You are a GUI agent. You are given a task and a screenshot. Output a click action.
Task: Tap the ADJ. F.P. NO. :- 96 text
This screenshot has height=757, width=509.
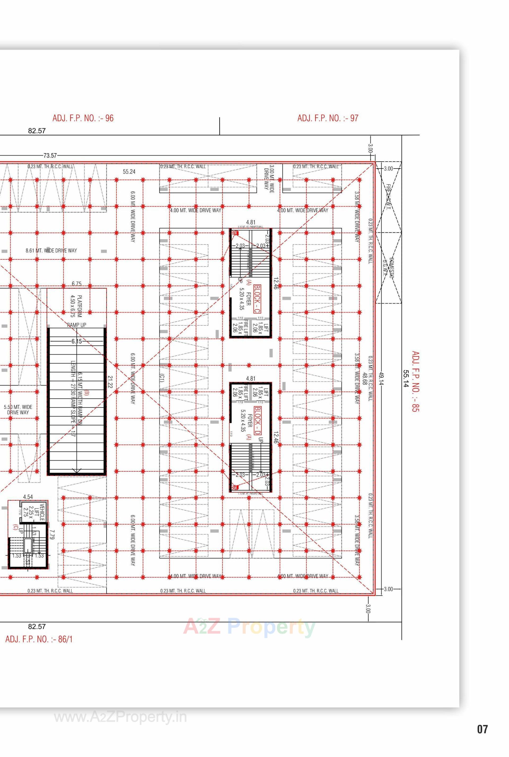(x=83, y=118)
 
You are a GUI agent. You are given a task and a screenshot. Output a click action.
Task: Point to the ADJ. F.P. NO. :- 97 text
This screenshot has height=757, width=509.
(x=328, y=118)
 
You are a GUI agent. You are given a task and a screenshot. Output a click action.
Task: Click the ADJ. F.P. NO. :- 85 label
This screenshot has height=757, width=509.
(x=415, y=381)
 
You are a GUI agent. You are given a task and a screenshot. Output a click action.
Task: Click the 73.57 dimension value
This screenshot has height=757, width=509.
(x=50, y=156)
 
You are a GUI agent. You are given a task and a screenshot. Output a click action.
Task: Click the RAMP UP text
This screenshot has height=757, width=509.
(x=77, y=325)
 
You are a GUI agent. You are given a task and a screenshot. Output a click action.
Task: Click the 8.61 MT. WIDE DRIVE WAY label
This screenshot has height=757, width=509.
(x=51, y=250)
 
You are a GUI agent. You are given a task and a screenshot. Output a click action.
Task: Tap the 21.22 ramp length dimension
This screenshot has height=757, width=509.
(x=110, y=382)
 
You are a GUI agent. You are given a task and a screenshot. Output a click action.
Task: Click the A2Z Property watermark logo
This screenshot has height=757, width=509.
(x=249, y=627)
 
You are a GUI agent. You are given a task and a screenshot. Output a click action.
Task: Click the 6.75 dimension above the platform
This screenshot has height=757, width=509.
(x=77, y=284)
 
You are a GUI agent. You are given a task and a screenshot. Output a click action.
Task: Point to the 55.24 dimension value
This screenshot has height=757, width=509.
(x=129, y=172)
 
